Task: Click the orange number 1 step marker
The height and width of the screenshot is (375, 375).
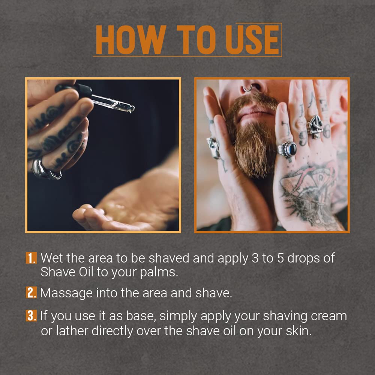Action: click(31, 258)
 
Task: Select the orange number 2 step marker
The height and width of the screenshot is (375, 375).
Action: click(31, 292)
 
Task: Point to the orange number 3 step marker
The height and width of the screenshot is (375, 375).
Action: click(31, 316)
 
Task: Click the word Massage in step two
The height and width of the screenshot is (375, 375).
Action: click(61, 293)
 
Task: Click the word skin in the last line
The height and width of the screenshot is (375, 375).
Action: click(298, 331)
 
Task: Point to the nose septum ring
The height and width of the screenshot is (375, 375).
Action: click(248, 89)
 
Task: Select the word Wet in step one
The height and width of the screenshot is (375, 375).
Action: click(51, 258)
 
